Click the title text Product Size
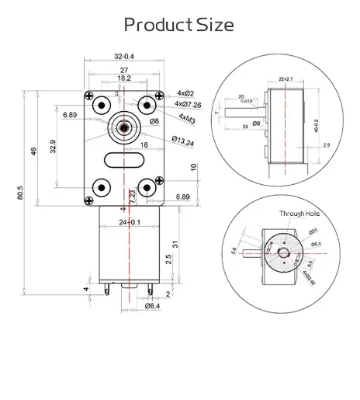click(179, 24)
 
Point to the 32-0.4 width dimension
click(123, 57)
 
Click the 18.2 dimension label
click(123, 78)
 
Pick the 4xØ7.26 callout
click(190, 104)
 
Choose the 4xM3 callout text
click(188, 117)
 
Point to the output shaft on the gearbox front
click(123, 124)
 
